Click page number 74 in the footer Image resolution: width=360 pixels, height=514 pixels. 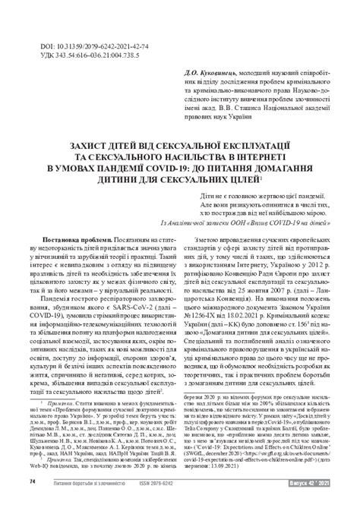click(x=32, y=502)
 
